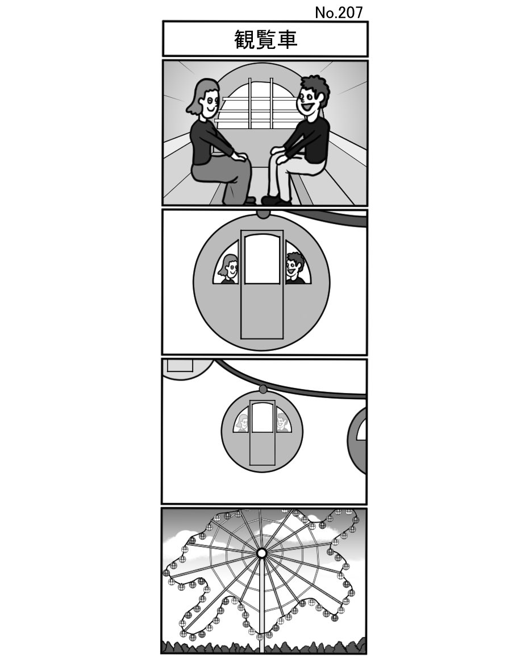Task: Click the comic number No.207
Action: pos(339,13)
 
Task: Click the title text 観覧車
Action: pos(265,39)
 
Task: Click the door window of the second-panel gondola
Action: pos(262,259)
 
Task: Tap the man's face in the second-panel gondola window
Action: pos(294,267)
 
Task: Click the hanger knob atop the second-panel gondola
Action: pos(263,214)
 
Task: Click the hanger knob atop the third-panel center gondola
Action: pos(263,389)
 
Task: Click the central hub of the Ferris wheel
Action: pos(261,553)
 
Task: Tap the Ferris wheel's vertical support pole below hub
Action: pos(261,603)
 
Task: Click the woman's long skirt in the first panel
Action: pos(227,179)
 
